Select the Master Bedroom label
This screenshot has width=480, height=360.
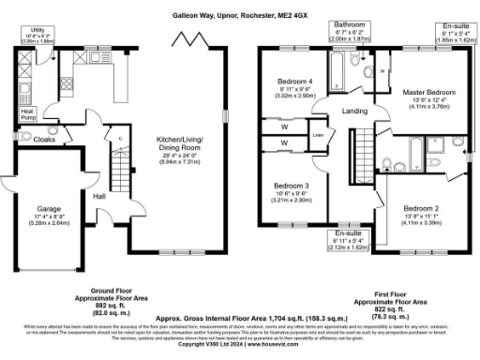point(428,93)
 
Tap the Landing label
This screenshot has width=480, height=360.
point(353,112)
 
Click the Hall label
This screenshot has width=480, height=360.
point(99,196)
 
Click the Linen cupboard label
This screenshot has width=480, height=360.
point(318,134)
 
